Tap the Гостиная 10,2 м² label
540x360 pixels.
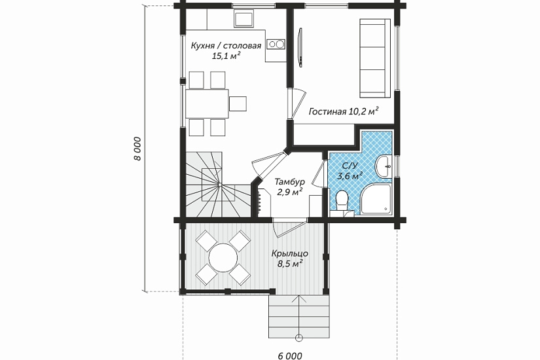pos(344,111)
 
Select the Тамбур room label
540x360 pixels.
pos(289,181)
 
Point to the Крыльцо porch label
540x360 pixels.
pos(289,254)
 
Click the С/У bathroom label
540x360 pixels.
pos(350,166)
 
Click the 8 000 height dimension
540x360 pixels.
pos(137,149)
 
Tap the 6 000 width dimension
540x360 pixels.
pos(289,355)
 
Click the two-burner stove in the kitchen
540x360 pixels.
pos(276,44)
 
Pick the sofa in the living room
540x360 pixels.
pos(375,58)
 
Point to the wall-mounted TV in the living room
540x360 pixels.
pos(300,47)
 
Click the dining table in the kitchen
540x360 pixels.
pos(207,103)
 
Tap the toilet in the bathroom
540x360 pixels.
pos(342,200)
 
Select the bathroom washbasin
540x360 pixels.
pos(384,167)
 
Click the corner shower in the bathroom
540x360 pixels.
pos(376,199)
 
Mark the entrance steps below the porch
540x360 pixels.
pos(299,316)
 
